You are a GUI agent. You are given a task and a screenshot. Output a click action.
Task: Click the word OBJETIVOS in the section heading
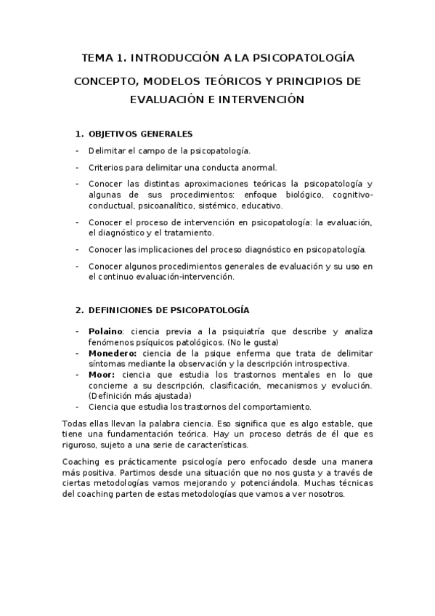pos(115,134)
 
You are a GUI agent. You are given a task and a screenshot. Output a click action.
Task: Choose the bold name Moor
pos(99,374)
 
